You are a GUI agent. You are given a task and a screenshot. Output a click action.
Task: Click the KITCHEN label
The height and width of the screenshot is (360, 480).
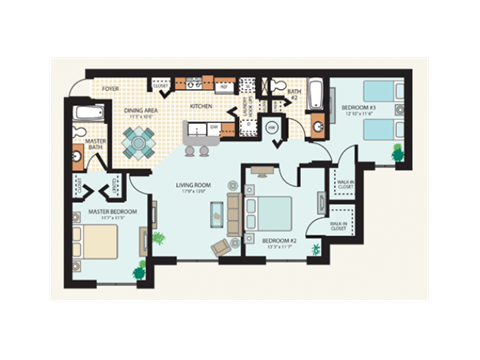click(201, 106)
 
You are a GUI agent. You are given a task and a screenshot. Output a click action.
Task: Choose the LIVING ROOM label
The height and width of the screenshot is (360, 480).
click(193, 184)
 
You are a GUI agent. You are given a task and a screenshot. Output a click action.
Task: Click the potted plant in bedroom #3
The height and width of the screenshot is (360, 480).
click(397, 151)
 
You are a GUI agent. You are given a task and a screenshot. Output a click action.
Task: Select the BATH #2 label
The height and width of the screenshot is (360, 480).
click(293, 95)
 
